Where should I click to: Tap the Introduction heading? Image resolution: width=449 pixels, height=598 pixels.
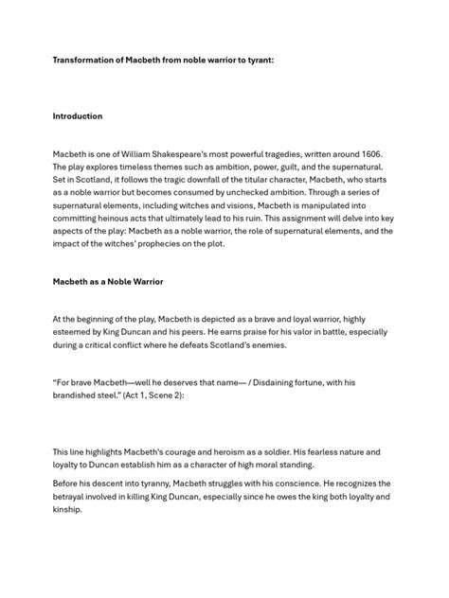click(78, 116)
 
